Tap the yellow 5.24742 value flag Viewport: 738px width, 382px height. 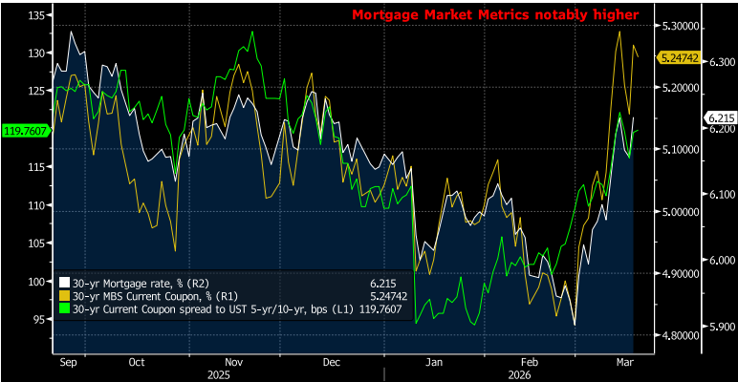[681, 58]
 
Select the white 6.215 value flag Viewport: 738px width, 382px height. [718, 117]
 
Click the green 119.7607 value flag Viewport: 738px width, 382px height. [25, 130]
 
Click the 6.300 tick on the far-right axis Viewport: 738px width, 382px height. [721, 62]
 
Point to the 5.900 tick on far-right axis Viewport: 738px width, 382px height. [721, 326]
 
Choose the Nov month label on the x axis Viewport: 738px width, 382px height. [232, 363]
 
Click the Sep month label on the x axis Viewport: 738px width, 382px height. [68, 363]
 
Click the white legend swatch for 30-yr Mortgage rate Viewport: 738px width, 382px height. [65, 283]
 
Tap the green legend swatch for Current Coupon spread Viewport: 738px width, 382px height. [65, 309]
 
